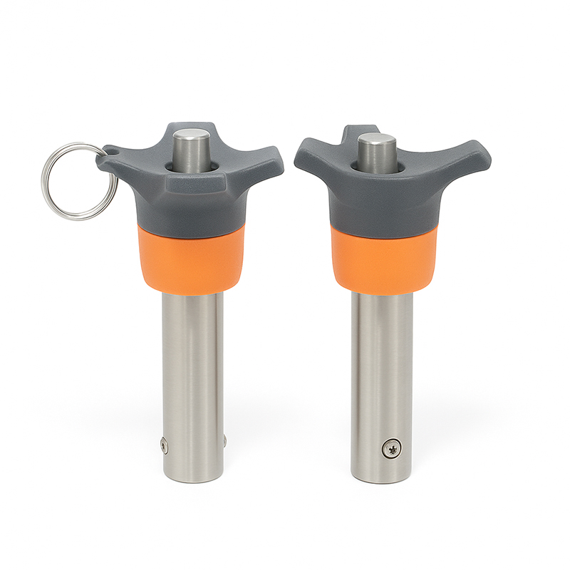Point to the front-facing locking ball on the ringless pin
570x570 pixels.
392,448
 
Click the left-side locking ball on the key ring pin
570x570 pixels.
163,446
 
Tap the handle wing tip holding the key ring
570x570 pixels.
107,155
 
